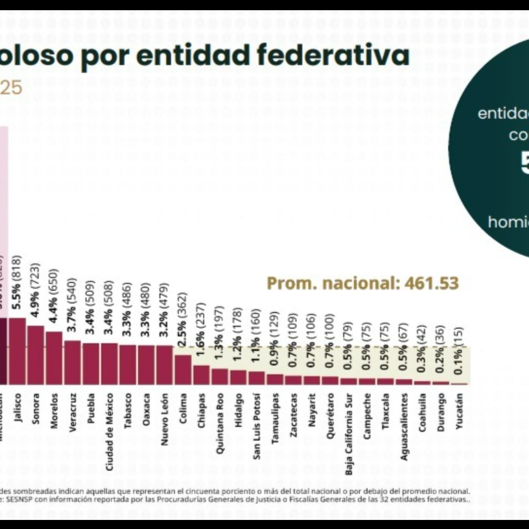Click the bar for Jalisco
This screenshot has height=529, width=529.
click(x=17, y=351)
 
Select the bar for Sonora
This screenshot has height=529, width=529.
click(x=36, y=355)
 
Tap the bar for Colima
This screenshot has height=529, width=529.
click(x=183, y=369)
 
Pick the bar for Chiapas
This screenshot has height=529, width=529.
click(x=201, y=374)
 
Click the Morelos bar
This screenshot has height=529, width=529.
click(x=54, y=358)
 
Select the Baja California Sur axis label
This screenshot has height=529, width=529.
click(x=348, y=434)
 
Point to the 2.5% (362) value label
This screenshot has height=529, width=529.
click(x=183, y=319)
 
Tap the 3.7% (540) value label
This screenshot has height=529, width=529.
click(x=72, y=305)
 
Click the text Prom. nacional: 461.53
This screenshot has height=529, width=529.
click(x=363, y=283)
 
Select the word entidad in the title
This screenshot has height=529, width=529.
click(x=193, y=56)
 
